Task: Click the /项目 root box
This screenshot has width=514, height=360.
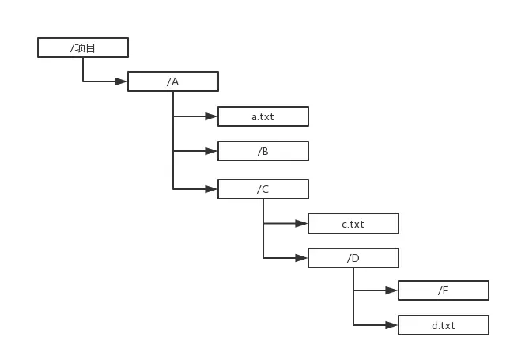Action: tap(83, 47)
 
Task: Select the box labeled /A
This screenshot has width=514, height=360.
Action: tap(173, 81)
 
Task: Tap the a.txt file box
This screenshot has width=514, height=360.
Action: tap(263, 116)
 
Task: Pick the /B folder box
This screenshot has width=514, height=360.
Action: tap(263, 151)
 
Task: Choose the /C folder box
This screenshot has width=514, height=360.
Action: tap(263, 189)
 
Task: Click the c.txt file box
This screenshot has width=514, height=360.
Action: tap(353, 224)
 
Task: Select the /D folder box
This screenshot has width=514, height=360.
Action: tap(353, 258)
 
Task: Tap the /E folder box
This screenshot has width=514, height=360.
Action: tap(444, 290)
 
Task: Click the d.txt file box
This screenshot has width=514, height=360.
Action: tap(444, 325)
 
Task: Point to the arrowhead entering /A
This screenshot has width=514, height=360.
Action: tap(121, 81)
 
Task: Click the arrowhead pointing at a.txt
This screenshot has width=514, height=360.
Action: tap(211, 116)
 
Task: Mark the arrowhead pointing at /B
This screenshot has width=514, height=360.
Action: tap(211, 151)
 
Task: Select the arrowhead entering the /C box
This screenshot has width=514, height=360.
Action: tap(211, 189)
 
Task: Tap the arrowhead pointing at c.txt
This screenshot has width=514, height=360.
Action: tap(301, 224)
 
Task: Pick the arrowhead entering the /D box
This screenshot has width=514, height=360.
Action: tap(301, 258)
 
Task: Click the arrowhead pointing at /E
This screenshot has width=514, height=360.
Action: tap(391, 290)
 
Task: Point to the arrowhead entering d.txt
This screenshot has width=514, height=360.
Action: tap(391, 325)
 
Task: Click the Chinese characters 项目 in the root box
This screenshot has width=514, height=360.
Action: tap(85, 48)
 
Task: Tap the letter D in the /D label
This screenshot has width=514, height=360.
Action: tap(355, 259)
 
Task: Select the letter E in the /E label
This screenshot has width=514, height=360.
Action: tap(445, 291)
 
